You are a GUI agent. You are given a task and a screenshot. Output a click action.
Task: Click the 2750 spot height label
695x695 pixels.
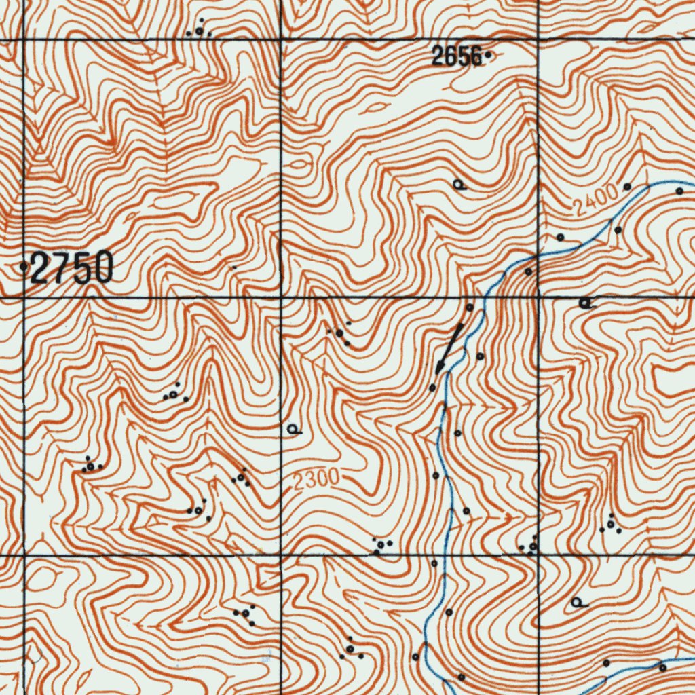[71, 268]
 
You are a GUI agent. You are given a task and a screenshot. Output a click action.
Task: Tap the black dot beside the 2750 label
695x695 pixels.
[24, 267]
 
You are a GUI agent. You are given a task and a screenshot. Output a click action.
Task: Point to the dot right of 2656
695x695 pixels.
[487, 56]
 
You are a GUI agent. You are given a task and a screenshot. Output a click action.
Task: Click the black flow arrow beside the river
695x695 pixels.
[450, 348]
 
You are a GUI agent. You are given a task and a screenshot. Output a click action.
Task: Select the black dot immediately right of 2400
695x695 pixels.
[627, 186]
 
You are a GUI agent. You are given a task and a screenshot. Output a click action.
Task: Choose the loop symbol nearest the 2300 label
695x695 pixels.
[293, 429]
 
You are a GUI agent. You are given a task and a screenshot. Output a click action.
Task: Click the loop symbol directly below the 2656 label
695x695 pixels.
[459, 185]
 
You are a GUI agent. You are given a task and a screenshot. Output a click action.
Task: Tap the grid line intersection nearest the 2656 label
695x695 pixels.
[538, 39]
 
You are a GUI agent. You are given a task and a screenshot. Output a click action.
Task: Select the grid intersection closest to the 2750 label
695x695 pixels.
[24, 297]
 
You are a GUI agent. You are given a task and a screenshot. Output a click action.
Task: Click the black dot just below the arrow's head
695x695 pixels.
[432, 388]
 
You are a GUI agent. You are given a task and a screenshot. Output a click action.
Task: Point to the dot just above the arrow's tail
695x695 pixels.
[469, 307]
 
